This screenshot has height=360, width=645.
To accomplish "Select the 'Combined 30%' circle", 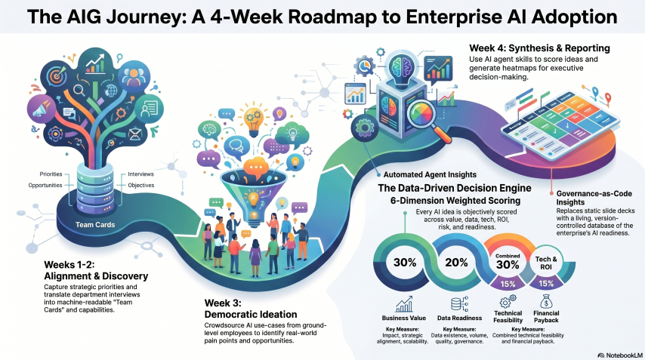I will coord(508,263).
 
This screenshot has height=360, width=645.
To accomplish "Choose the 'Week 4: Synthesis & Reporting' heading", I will coord(539,48).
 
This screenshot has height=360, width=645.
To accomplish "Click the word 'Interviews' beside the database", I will coord(143,174).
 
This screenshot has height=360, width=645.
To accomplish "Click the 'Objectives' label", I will coord(143,185).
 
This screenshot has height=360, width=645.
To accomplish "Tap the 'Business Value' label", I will coord(406,317).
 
